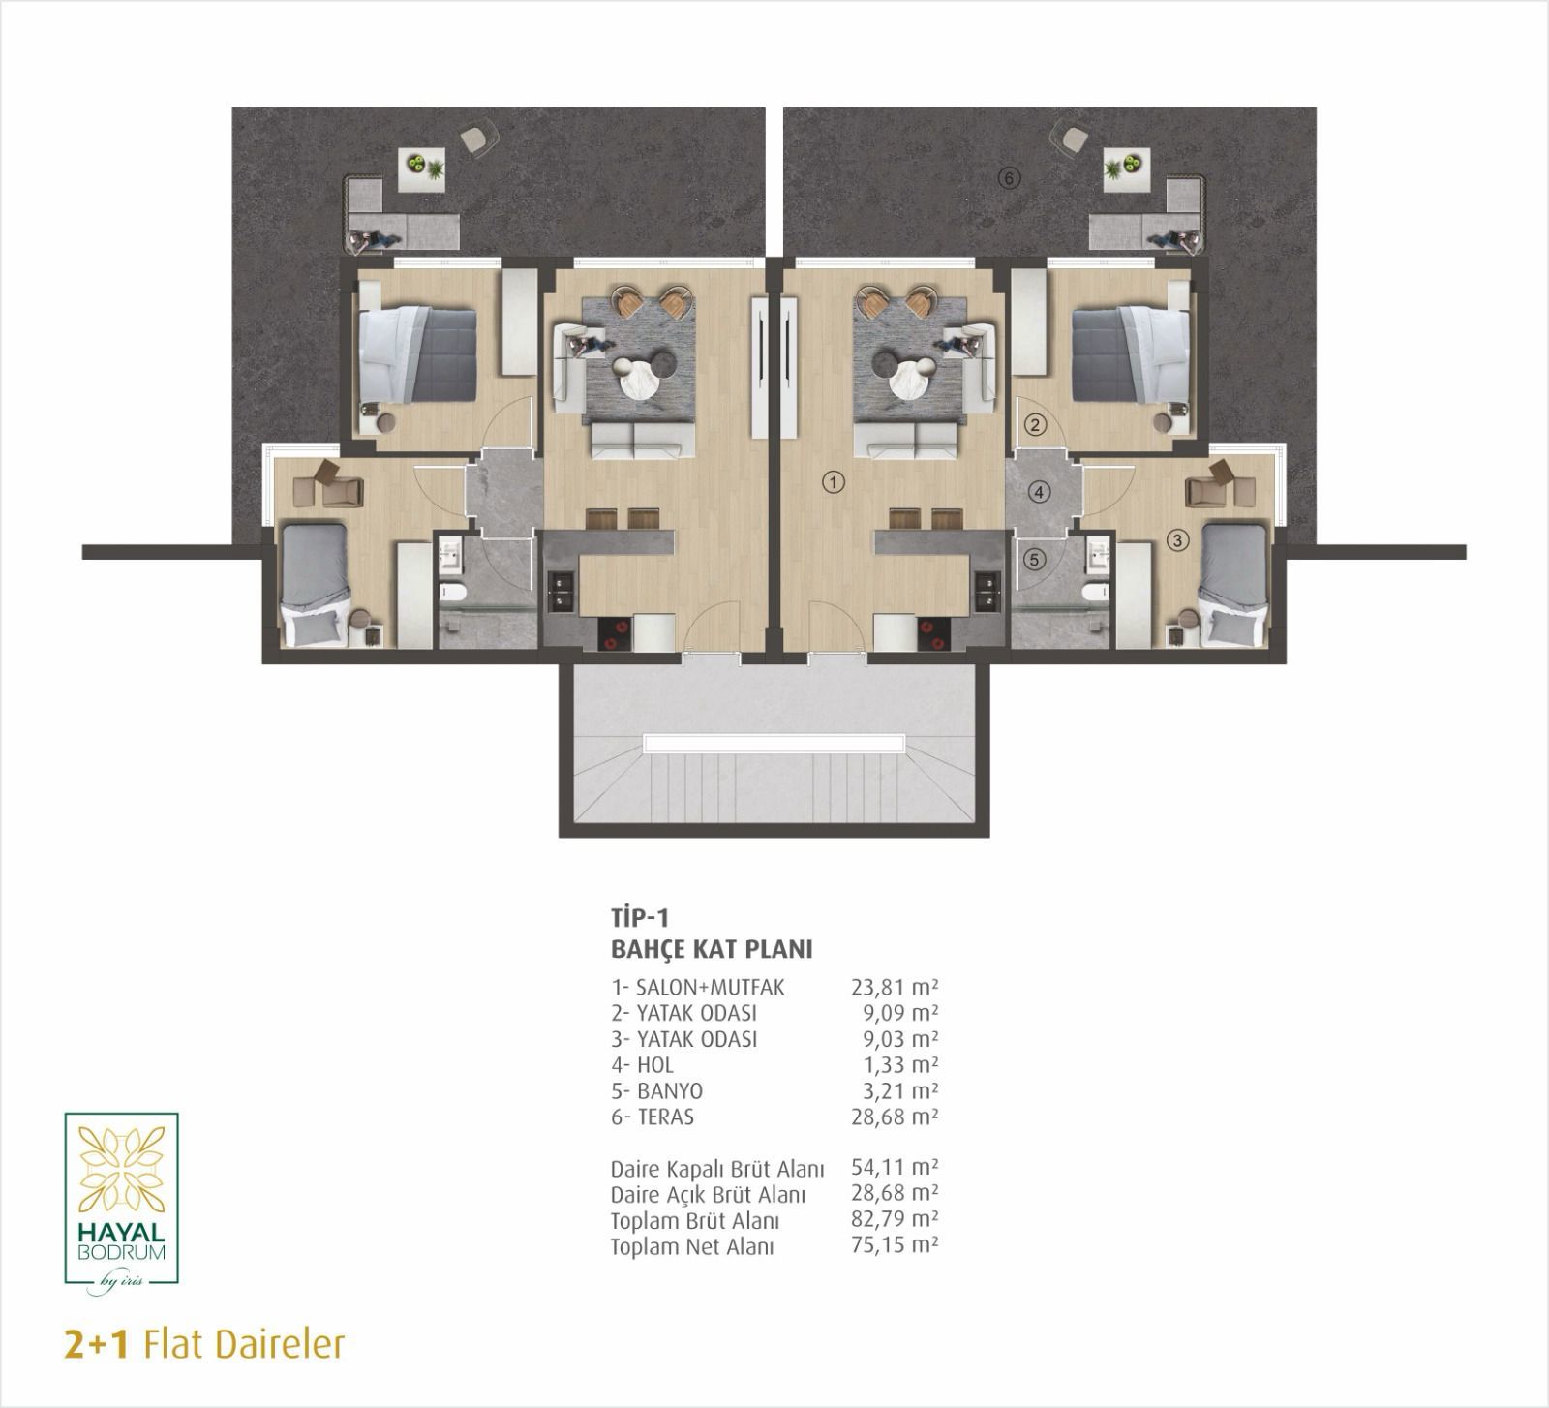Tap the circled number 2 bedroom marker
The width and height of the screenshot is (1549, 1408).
pyautogui.click(x=1036, y=423)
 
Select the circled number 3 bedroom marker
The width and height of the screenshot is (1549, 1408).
pyautogui.click(x=1177, y=540)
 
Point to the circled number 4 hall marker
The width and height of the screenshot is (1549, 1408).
pyautogui.click(x=1039, y=492)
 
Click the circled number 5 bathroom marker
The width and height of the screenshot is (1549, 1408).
pyautogui.click(x=1035, y=559)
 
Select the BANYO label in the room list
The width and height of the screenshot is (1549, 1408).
pyautogui.click(x=670, y=1090)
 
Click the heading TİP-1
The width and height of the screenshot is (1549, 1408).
pyautogui.click(x=640, y=917)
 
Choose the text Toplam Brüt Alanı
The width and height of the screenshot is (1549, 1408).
pyautogui.click(x=695, y=1221)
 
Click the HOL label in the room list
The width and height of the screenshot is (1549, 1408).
pyautogui.click(x=655, y=1065)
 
